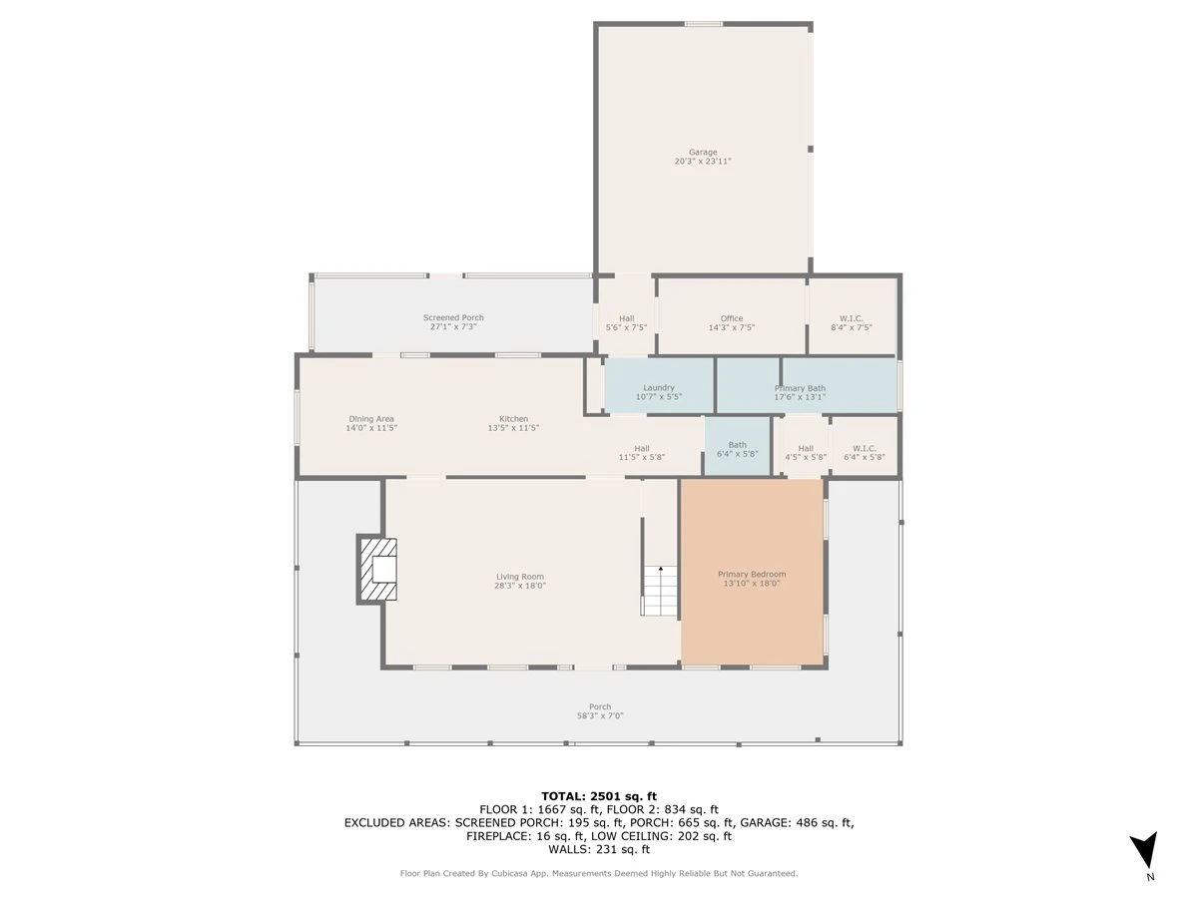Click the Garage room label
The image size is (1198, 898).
703,152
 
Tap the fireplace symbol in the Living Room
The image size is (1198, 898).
376,569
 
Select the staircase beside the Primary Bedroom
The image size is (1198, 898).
659,590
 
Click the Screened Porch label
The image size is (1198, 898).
453,317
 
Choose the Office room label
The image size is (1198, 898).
732,318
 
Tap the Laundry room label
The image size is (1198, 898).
659,388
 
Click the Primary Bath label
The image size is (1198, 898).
800,388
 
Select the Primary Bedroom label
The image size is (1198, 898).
752,574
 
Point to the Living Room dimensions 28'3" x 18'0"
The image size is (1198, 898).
520,586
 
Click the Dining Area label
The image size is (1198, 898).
371,419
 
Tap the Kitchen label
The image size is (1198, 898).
513,419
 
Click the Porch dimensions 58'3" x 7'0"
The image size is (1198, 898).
600,715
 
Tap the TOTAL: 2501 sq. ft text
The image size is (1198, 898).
599,796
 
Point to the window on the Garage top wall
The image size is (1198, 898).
704,23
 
